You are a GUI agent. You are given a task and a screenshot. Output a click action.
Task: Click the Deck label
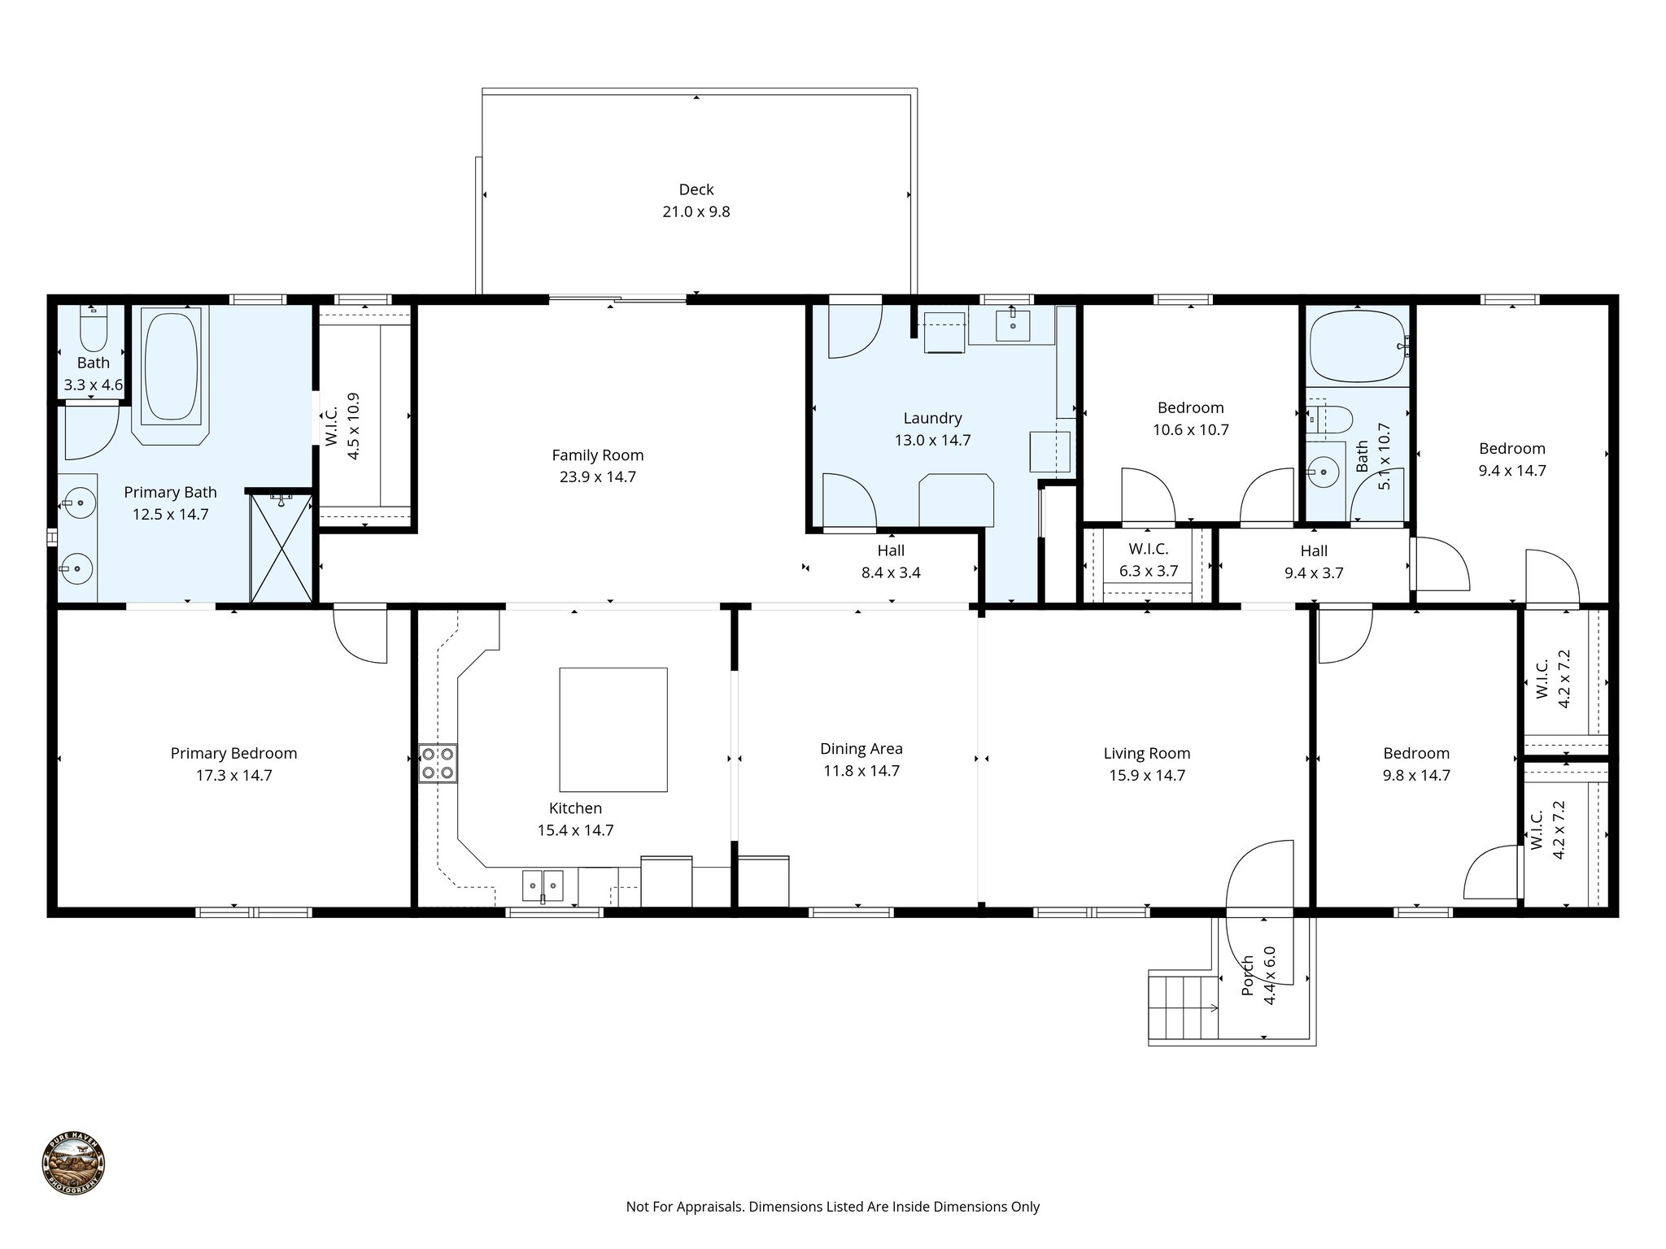[696, 189]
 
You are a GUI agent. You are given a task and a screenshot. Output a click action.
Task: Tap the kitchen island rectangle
[613, 729]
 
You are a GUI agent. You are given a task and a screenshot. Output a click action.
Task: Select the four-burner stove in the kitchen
[438, 764]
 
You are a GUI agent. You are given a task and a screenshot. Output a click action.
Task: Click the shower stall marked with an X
[281, 549]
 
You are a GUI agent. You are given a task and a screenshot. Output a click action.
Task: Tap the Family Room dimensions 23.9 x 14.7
[597, 477]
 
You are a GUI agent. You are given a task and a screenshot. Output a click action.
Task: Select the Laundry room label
[932, 418]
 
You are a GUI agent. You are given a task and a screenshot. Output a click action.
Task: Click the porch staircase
[1184, 1007]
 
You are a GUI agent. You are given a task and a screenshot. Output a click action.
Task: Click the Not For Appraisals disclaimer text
[832, 1207]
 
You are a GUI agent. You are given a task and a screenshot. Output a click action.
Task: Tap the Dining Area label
[861, 749]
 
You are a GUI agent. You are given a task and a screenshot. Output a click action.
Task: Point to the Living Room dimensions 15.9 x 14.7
[1146, 776]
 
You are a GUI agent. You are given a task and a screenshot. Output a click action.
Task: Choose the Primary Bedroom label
[233, 754]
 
